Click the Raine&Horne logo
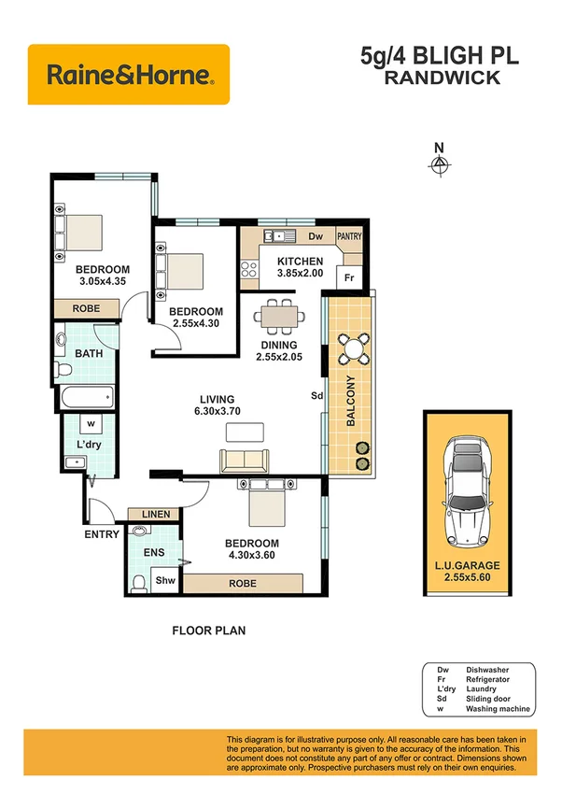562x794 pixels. [x=128, y=74]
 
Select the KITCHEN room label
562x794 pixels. [x=300, y=262]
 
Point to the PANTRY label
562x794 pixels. [x=349, y=237]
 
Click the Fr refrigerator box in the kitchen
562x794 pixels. [x=349, y=278]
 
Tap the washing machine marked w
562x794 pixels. [x=91, y=422]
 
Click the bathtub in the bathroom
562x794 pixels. [x=85, y=397]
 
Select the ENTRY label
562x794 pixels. [x=102, y=534]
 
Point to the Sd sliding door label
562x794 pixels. [x=316, y=395]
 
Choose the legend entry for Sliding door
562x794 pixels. [x=485, y=699]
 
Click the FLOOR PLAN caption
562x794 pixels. [x=208, y=631]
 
